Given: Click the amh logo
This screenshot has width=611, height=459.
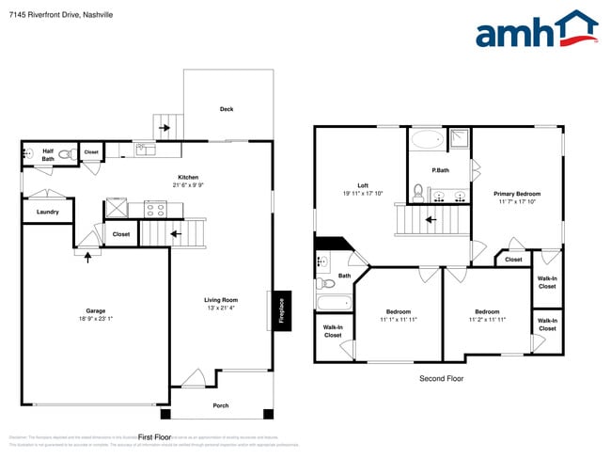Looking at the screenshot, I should (536, 30).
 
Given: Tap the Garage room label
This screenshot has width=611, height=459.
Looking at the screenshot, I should (96, 311).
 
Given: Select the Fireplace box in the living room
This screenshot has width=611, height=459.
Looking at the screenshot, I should (280, 310).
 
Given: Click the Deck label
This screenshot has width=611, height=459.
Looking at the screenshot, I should (227, 109).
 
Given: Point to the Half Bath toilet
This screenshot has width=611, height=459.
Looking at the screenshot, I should (66, 153).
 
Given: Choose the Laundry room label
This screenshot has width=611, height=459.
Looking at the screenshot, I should (48, 213).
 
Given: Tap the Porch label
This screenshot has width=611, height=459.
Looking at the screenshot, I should (220, 405).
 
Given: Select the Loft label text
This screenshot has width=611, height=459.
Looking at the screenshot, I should (363, 185).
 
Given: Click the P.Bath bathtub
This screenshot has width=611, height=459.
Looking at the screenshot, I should (427, 141).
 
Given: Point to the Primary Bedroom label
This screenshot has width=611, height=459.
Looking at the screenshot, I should (517, 194).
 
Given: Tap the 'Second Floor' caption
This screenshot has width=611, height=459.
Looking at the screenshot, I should (441, 379).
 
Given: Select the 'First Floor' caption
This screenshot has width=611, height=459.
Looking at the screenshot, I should (155, 437).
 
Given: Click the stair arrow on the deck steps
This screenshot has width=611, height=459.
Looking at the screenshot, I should (164, 127).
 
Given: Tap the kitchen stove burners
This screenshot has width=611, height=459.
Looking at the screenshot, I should (155, 209).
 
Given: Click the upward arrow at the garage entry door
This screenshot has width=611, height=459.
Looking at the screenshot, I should (87, 256).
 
